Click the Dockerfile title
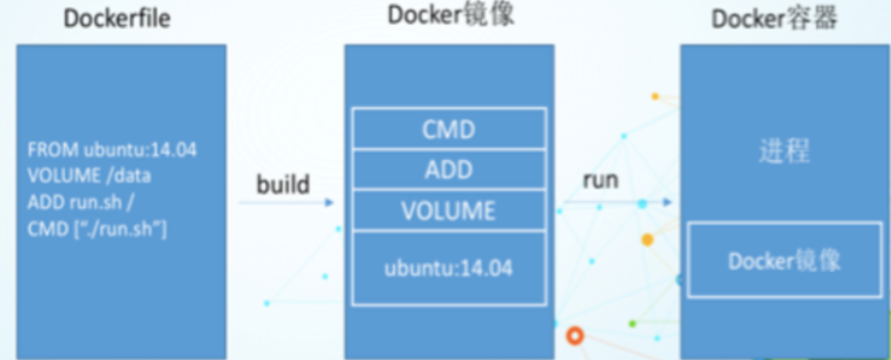click(x=117, y=20)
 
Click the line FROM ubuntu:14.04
click(x=111, y=150)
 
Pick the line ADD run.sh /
click(x=82, y=202)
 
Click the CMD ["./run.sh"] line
click(x=97, y=230)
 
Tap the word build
click(x=283, y=185)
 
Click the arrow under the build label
click(x=287, y=202)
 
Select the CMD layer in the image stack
click(x=449, y=129)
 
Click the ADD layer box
click(x=449, y=169)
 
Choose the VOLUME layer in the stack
click(x=449, y=210)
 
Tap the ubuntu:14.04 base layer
click(x=449, y=268)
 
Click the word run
click(x=600, y=180)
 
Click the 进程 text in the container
click(x=784, y=151)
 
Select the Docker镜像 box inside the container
click(x=784, y=260)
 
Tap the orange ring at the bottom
click(x=575, y=336)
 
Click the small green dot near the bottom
click(x=632, y=323)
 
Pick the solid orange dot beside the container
click(x=647, y=239)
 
